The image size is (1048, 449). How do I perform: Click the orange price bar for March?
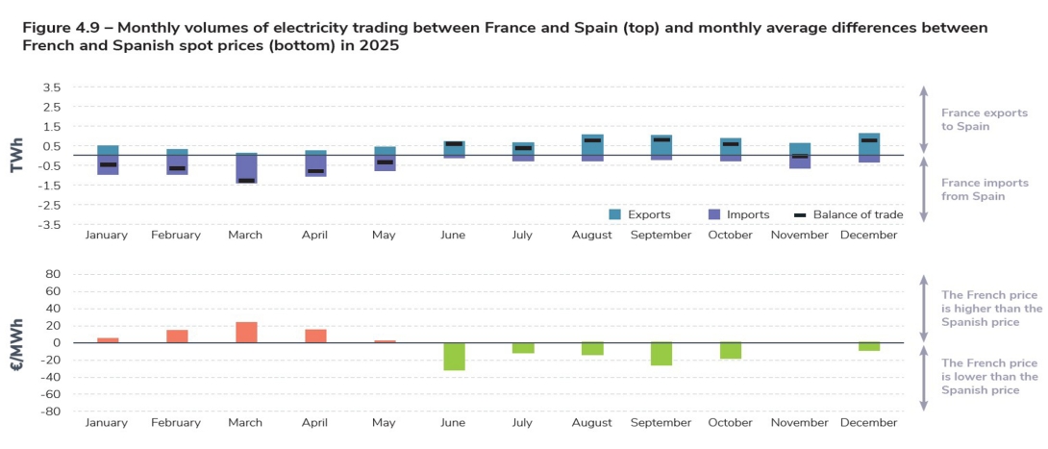coord(246,332)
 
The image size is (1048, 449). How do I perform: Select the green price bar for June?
coord(454,356)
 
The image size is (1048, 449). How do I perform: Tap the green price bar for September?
coord(661,353)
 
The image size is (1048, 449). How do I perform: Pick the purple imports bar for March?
coord(246,167)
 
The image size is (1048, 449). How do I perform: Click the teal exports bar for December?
coord(869,143)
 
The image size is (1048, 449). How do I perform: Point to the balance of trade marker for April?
coord(315,171)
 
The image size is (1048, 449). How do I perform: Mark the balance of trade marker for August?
coord(592,140)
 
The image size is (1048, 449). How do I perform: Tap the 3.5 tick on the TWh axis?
coord(52,87)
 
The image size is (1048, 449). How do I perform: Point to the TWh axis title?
coord(16,155)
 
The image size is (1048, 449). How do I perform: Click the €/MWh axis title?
coord(16,342)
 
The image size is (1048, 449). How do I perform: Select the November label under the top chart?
coord(800,236)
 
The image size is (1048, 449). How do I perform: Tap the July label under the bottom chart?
coord(523,423)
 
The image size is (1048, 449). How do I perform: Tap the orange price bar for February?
coord(177,336)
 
